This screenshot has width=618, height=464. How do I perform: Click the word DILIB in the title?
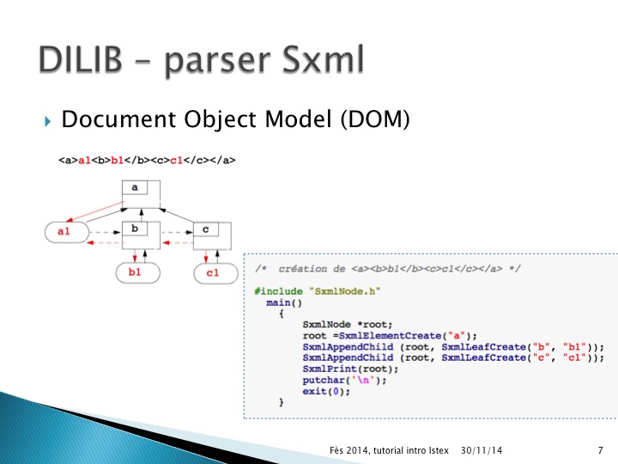tap(80, 58)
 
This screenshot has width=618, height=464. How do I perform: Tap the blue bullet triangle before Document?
tap(48, 121)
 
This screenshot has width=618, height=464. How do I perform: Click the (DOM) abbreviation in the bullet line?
tap(375, 119)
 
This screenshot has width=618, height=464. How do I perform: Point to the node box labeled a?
tap(141, 193)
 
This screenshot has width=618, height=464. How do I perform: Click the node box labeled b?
tap(141, 235)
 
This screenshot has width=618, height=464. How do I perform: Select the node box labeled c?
tap(212, 236)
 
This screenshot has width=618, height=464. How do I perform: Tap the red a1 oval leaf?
tap(67, 232)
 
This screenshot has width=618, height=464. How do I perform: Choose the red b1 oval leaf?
tap(138, 272)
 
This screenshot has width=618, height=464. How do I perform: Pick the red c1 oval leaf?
tap(215, 273)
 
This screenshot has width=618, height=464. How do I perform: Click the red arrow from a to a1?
tap(95, 211)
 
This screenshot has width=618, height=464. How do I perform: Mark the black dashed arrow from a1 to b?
tap(106, 232)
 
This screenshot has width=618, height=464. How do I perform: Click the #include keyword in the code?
tap(279, 291)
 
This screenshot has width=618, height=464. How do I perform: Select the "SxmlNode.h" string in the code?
tap(345, 291)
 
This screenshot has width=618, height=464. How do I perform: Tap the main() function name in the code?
tap(284, 302)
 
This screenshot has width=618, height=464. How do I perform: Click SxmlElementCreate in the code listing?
tap(391, 336)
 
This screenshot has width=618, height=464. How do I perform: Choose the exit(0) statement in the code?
tap(326, 392)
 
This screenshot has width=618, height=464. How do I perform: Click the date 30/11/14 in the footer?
tap(482, 450)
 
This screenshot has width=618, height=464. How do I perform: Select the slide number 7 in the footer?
tap(600, 450)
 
